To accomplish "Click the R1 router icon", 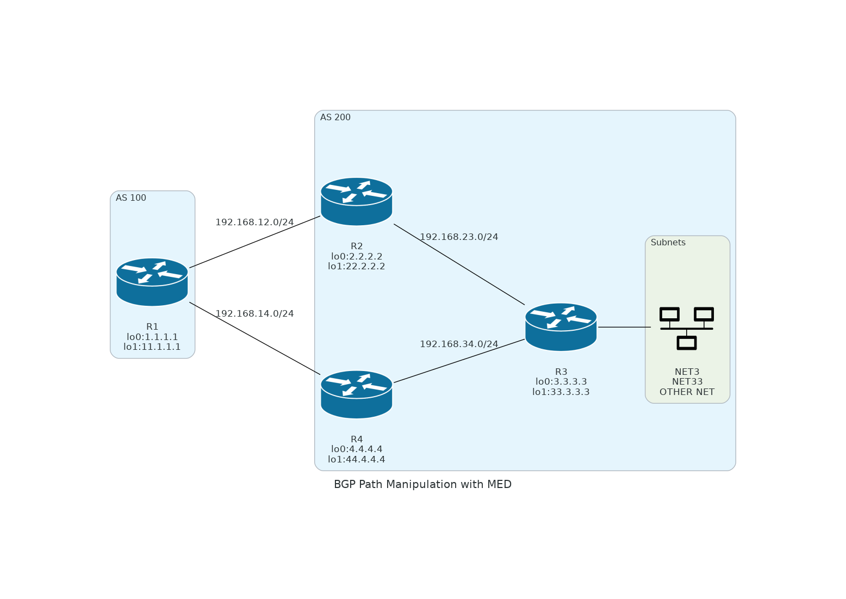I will [x=152, y=282].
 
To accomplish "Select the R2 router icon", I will [x=357, y=201].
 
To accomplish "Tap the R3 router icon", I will [x=561, y=327].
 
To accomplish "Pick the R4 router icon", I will [x=357, y=394].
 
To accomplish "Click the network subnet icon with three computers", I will [x=687, y=328].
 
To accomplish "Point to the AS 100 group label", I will [x=131, y=198].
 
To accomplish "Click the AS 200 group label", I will [x=335, y=118].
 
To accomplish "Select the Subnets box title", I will [x=668, y=243].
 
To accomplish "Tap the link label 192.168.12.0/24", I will [x=254, y=223].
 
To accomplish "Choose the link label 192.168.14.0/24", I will [x=254, y=314].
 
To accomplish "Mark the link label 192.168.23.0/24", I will [x=459, y=237].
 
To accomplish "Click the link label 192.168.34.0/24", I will [x=459, y=344].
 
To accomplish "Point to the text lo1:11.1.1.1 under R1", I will [x=152, y=347].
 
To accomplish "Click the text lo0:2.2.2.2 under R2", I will [x=357, y=256].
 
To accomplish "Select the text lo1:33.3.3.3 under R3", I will [x=561, y=392].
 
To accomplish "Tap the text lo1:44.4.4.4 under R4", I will [x=357, y=460].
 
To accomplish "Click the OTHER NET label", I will [x=687, y=392].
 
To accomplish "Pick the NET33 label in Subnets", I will [x=687, y=382].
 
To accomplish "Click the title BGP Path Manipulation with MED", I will [x=422, y=485].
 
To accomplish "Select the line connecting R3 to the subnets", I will [x=624, y=327].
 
